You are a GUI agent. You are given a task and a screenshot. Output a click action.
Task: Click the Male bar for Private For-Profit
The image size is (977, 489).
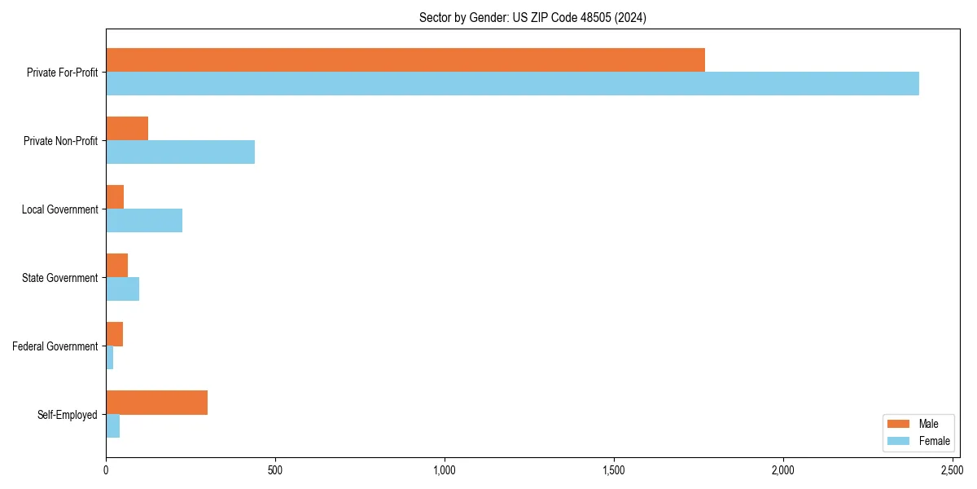tap(405, 60)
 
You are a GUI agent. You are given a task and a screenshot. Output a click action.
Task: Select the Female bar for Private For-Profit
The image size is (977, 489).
tap(512, 84)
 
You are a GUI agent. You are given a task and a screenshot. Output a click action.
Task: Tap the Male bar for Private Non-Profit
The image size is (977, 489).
tap(127, 129)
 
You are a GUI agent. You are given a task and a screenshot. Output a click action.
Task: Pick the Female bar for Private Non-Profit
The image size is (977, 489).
tap(180, 152)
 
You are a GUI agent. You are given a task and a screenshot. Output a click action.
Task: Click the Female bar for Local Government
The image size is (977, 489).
tap(144, 221)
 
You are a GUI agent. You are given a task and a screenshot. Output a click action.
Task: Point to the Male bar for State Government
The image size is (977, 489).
tap(116, 266)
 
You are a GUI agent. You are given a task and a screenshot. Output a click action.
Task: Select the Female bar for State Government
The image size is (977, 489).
tap(122, 289)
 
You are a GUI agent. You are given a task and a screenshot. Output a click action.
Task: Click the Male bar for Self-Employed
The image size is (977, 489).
tap(156, 403)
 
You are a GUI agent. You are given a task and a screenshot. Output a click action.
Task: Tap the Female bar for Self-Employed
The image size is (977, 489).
tap(112, 426)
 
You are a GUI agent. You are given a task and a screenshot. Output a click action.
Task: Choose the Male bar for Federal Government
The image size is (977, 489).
tap(114, 334)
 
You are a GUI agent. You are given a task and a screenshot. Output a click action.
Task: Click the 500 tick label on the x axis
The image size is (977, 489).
tap(275, 470)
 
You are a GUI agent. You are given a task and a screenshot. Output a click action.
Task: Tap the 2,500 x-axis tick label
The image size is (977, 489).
tap(952, 470)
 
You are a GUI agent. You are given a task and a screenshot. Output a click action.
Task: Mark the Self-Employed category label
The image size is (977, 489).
tap(68, 415)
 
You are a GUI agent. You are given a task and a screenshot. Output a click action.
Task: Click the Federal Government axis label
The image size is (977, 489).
tap(55, 346)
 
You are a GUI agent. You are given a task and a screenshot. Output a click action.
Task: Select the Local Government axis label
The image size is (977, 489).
tap(59, 209)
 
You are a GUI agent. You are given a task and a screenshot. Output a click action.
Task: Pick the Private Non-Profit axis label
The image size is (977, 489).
tap(62, 141)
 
